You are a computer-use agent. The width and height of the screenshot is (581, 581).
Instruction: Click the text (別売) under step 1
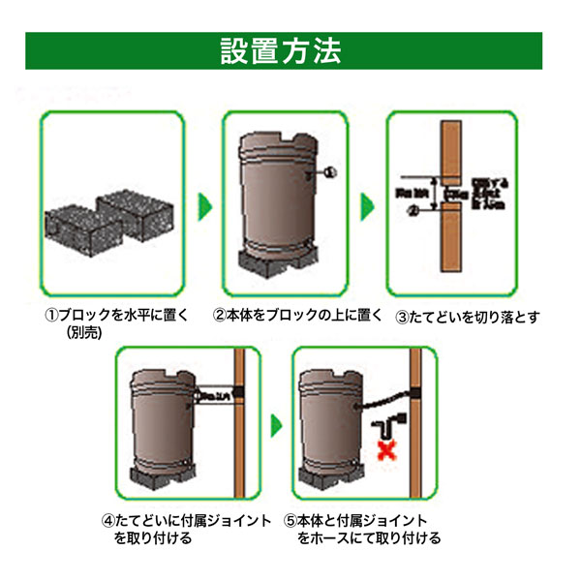pyautogui.click(x=84, y=332)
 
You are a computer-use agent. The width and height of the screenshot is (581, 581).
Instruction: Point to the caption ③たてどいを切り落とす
pyautogui.click(x=467, y=315)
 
